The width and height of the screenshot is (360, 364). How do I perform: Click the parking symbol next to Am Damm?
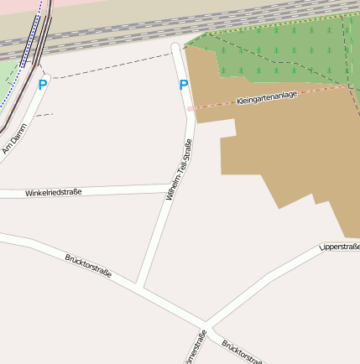[43, 85]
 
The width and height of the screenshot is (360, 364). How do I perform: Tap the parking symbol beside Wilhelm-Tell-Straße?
[184, 85]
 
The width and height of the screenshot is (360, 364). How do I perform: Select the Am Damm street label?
[14, 138]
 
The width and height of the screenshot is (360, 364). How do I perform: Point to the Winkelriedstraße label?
[53, 193]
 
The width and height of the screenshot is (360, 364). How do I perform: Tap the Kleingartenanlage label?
[267, 98]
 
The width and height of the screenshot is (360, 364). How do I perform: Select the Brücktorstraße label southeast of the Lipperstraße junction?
[243, 352]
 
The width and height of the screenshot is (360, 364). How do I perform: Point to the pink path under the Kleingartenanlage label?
[210, 107]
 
